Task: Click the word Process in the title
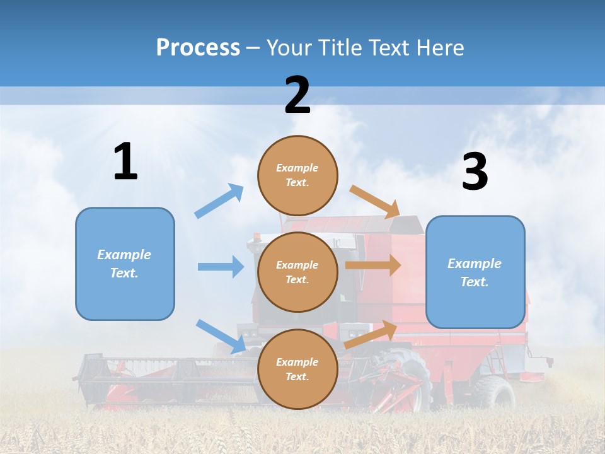tap(198, 47)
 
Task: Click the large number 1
tap(125, 162)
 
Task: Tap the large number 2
tap(297, 95)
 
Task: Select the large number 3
tap(475, 172)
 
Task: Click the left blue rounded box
tap(125, 264)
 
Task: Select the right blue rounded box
tap(475, 272)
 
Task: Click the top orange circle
tap(297, 175)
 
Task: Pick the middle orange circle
tap(297, 272)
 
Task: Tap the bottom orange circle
tap(297, 369)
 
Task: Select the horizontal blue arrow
tap(221, 267)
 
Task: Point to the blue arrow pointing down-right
tap(221, 336)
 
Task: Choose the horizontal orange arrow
tap(372, 265)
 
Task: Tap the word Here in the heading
tap(440, 47)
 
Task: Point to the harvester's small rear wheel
tap(495, 392)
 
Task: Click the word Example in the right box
tap(475, 264)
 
